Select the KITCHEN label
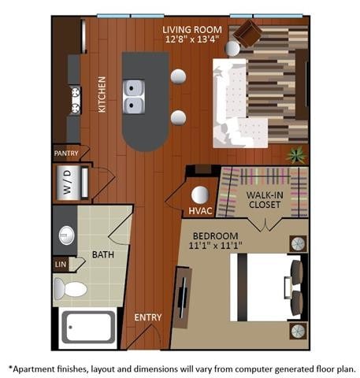102,94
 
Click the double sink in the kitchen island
133,96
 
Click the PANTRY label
66,153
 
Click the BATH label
103,254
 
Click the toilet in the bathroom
72,287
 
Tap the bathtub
88,328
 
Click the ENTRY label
148,317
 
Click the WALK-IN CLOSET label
265,201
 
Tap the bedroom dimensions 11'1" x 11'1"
214,246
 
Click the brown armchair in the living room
249,33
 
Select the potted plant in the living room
297,155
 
